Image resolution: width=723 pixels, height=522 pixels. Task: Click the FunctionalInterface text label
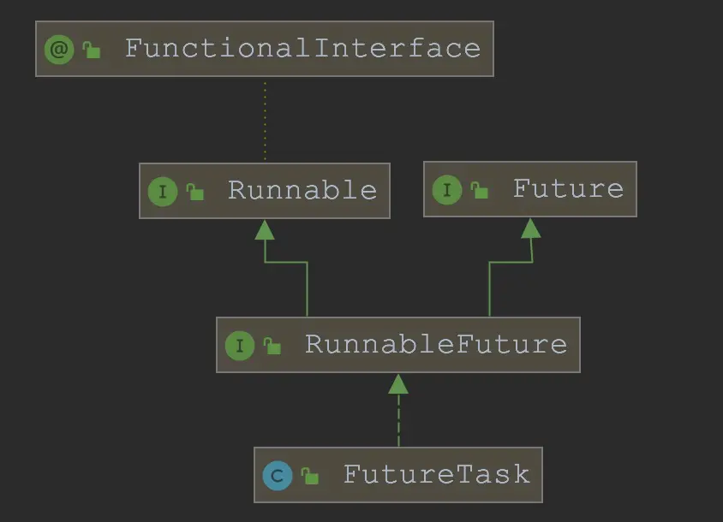[x=302, y=48]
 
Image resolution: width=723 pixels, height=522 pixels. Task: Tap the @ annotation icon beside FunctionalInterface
[x=59, y=49]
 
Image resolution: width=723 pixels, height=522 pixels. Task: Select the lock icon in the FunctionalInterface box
[x=91, y=50]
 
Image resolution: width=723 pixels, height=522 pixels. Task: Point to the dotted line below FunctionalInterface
[x=265, y=120]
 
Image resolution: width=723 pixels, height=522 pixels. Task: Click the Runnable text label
[x=302, y=190]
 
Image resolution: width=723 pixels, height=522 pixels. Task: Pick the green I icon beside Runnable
[x=163, y=191]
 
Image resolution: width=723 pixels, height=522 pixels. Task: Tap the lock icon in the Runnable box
[x=195, y=193]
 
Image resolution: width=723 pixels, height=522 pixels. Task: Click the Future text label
[x=568, y=188]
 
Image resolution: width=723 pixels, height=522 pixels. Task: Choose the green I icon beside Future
[x=447, y=189]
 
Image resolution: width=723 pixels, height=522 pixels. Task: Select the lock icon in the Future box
[x=480, y=191]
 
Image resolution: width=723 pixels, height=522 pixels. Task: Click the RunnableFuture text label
[x=436, y=344]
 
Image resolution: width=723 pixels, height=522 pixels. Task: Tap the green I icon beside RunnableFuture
[x=240, y=345]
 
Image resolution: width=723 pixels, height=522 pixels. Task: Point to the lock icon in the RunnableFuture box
[x=272, y=347]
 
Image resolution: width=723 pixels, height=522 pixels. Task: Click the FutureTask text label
[x=436, y=474]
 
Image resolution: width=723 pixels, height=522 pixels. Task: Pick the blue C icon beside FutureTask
[x=278, y=475]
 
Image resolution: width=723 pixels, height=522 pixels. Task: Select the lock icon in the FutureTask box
[x=310, y=477]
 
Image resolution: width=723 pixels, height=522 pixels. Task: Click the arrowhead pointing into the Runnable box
[x=265, y=229]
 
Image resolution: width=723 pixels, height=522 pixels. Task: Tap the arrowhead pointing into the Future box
[x=531, y=228]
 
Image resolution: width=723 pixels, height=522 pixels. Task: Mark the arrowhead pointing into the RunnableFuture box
[x=398, y=384]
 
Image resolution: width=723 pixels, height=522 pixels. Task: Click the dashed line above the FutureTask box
[x=398, y=424]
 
